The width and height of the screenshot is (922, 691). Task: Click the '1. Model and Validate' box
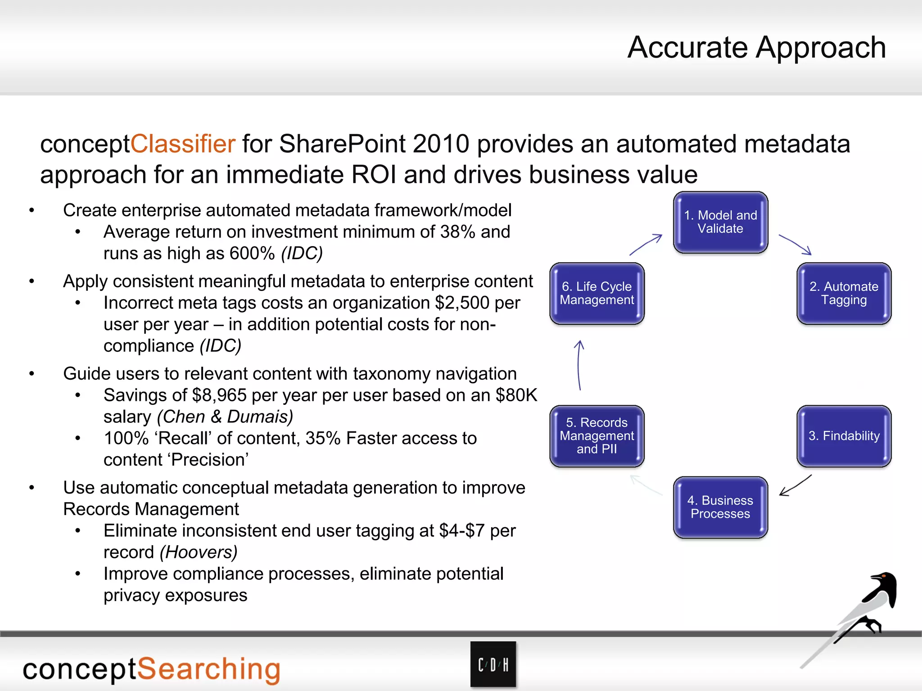(x=720, y=222)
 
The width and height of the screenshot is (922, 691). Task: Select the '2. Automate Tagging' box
(x=844, y=293)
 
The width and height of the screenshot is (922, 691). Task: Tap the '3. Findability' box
(x=844, y=436)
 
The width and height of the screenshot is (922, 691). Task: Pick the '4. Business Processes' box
(x=720, y=507)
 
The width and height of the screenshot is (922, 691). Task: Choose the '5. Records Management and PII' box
(x=597, y=436)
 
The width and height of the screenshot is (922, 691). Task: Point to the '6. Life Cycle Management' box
(x=597, y=293)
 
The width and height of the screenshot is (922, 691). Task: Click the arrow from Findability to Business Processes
(x=795, y=485)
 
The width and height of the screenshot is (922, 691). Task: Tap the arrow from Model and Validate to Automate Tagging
(x=795, y=244)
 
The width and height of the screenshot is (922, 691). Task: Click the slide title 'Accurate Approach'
(x=756, y=47)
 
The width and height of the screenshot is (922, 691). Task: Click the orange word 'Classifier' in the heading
(x=183, y=144)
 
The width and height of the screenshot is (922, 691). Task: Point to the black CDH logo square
(x=493, y=664)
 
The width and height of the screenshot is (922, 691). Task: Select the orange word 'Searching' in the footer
(x=208, y=669)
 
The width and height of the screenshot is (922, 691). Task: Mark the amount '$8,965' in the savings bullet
(x=219, y=395)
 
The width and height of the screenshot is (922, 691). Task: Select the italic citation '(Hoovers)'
(x=199, y=552)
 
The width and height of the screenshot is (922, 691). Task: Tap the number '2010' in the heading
(x=441, y=144)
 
